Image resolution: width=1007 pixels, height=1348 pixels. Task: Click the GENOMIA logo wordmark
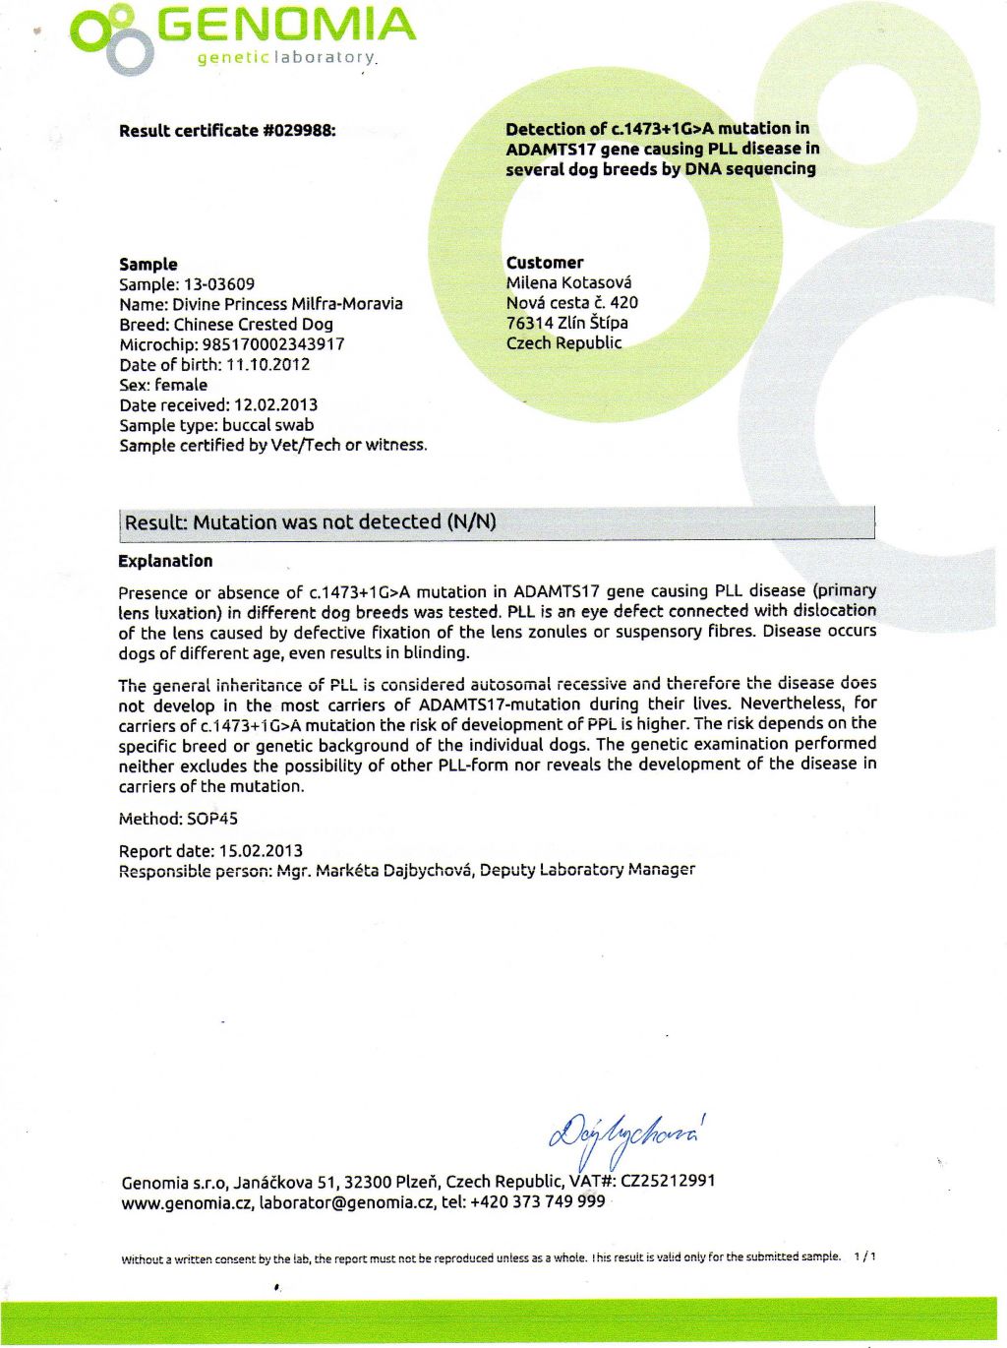pos(285,26)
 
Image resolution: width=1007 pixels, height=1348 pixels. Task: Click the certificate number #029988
pos(300,130)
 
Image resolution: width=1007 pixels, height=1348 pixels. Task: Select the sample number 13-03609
pos(219,284)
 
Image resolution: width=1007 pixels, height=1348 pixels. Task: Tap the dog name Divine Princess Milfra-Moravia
pos(287,304)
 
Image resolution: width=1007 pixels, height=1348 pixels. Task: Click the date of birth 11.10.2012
pos(267,365)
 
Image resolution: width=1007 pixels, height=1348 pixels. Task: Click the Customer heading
pos(545,263)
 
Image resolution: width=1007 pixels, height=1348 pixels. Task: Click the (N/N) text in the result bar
pos(471,521)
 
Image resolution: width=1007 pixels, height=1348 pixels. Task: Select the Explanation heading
pos(165,561)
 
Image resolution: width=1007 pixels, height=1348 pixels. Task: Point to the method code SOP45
pos(212,819)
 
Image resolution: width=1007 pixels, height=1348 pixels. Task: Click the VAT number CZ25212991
pos(668,1181)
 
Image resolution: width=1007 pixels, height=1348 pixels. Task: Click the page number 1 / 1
pos(865,1256)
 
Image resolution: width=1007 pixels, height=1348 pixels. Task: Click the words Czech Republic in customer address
pos(564,342)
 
